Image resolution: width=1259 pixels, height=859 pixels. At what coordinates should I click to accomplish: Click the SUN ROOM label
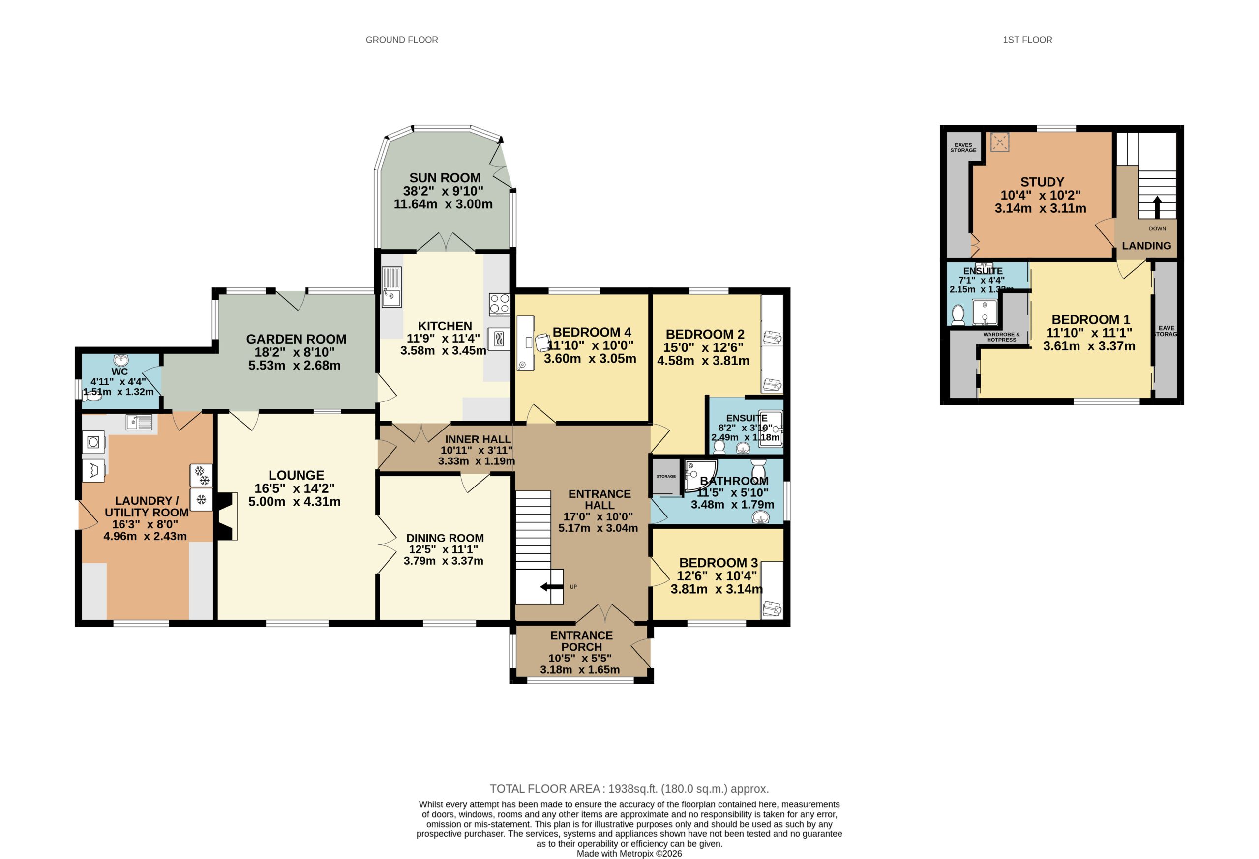(445, 178)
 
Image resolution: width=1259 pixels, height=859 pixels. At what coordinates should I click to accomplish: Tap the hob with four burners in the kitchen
(499, 304)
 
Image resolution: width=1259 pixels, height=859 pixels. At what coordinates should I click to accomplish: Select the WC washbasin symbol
(121, 360)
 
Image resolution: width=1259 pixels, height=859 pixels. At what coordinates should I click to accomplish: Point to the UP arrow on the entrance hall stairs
(551, 587)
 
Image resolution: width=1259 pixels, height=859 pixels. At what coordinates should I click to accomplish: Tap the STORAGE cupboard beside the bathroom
(666, 476)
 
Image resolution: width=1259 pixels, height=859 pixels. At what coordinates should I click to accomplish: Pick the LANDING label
(1146, 246)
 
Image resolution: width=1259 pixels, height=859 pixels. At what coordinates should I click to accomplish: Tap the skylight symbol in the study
(1000, 143)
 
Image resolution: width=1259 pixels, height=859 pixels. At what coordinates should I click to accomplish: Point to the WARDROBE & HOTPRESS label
(1001, 337)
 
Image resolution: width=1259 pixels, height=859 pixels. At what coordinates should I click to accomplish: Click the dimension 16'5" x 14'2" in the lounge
(294, 488)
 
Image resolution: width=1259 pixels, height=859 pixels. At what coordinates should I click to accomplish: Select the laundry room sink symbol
(139, 422)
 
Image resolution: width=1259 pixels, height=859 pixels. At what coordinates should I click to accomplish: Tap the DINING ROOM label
(445, 538)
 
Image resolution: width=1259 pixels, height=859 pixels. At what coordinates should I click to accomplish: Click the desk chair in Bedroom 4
(543, 342)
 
